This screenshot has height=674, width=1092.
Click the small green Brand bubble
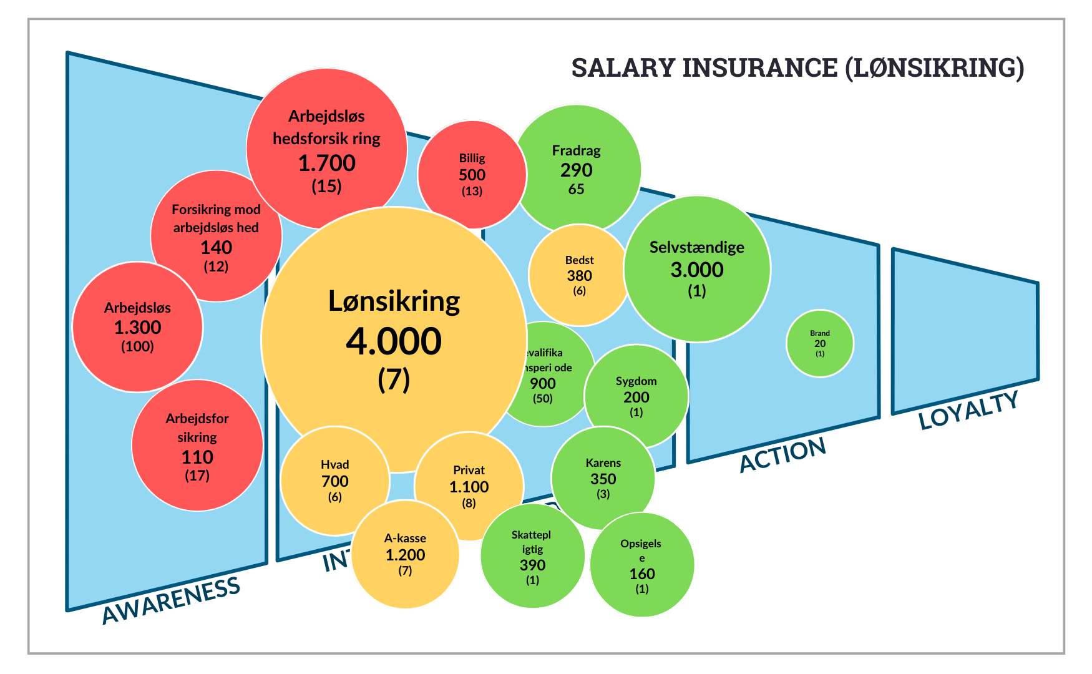pos(819,343)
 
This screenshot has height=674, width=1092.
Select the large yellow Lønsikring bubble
pos(394,340)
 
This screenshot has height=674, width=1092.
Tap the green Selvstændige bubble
pos(697,269)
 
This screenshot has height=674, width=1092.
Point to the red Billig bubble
pos(472,175)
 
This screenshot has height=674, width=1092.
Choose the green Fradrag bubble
pos(576,168)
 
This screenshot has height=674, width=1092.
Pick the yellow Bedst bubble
pos(579,275)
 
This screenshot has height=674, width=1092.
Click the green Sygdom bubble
pos(636,396)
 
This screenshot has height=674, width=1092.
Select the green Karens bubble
pos(603,478)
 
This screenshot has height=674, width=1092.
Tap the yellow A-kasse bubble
pos(405,554)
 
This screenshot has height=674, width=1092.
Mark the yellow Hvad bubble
pos(335,481)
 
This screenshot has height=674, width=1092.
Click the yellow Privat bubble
pos(469,486)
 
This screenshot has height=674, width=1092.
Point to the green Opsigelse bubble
pos(641,565)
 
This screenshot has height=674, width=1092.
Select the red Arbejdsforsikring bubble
pos(197,446)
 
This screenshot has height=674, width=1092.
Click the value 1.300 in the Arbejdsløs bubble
pos(137,327)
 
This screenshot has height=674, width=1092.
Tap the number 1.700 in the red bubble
pos(326,163)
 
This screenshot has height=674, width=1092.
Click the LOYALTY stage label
pos(968,410)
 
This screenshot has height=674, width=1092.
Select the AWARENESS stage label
pos(170,600)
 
